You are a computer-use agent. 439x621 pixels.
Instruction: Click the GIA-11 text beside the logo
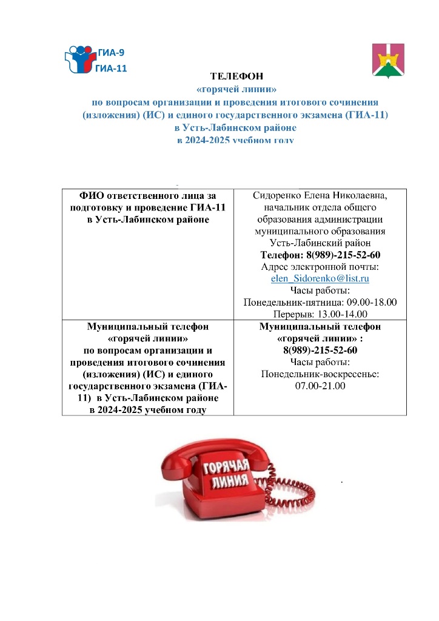(111, 69)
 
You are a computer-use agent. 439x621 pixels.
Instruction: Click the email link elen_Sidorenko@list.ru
(320, 278)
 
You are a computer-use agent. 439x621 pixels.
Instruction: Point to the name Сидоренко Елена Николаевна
(320, 195)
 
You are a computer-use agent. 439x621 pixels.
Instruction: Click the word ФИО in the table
(92, 195)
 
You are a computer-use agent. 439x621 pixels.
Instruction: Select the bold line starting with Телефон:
(320, 255)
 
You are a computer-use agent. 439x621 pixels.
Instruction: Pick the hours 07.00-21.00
(320, 386)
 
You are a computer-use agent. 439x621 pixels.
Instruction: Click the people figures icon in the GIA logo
(79, 58)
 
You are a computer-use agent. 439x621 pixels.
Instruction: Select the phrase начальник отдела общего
(320, 207)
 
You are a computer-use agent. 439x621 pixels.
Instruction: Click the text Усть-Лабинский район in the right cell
(320, 243)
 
